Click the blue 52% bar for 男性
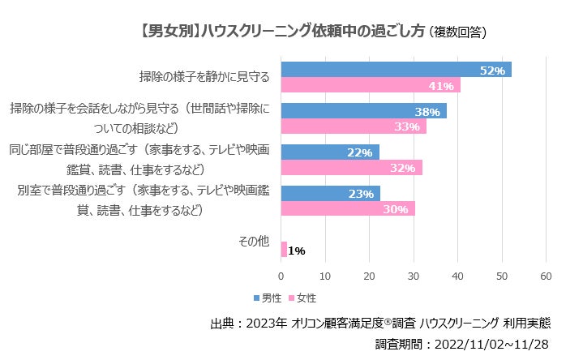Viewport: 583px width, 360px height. [396, 70]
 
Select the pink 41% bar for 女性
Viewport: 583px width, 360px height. [371, 85]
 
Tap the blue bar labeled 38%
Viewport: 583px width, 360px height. [363, 111]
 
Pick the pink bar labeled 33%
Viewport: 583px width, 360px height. [353, 126]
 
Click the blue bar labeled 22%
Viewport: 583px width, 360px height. [329, 152]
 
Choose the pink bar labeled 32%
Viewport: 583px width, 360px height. [351, 168]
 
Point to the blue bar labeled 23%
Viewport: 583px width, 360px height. [330, 193]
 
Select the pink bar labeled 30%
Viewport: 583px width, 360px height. [347, 208]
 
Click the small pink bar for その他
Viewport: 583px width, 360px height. [283, 250]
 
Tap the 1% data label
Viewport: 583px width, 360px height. [296, 251]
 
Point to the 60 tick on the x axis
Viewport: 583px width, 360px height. [546, 276]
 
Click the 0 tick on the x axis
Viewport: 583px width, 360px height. [281, 276]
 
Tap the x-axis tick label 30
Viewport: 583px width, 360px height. [414, 276]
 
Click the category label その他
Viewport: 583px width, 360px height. [251, 241]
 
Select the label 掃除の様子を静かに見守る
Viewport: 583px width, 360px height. [204, 78]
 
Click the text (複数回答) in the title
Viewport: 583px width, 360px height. [457, 32]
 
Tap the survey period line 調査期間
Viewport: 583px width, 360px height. [464, 344]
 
